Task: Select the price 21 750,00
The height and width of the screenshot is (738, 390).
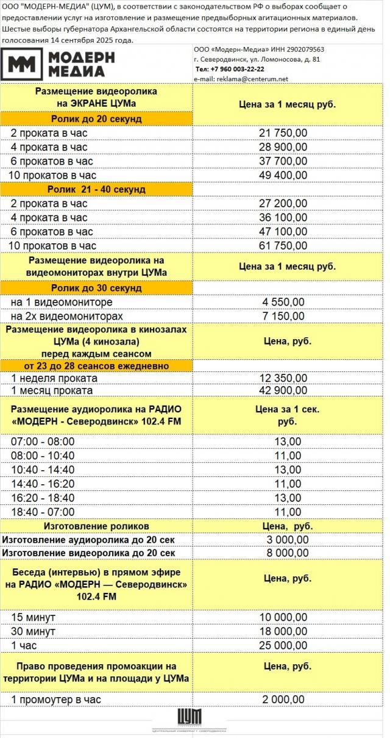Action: tap(283, 133)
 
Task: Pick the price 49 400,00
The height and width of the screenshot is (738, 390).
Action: tap(283, 175)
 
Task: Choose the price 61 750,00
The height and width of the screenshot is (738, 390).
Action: tap(283, 246)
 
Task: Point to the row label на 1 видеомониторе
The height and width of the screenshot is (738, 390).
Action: tap(62, 302)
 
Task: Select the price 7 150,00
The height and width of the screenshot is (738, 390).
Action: tap(283, 316)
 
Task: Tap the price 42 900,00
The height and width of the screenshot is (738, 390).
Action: tap(283, 390)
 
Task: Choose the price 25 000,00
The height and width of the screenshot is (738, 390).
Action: tap(283, 645)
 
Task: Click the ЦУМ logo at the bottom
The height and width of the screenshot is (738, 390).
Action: tap(189, 720)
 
